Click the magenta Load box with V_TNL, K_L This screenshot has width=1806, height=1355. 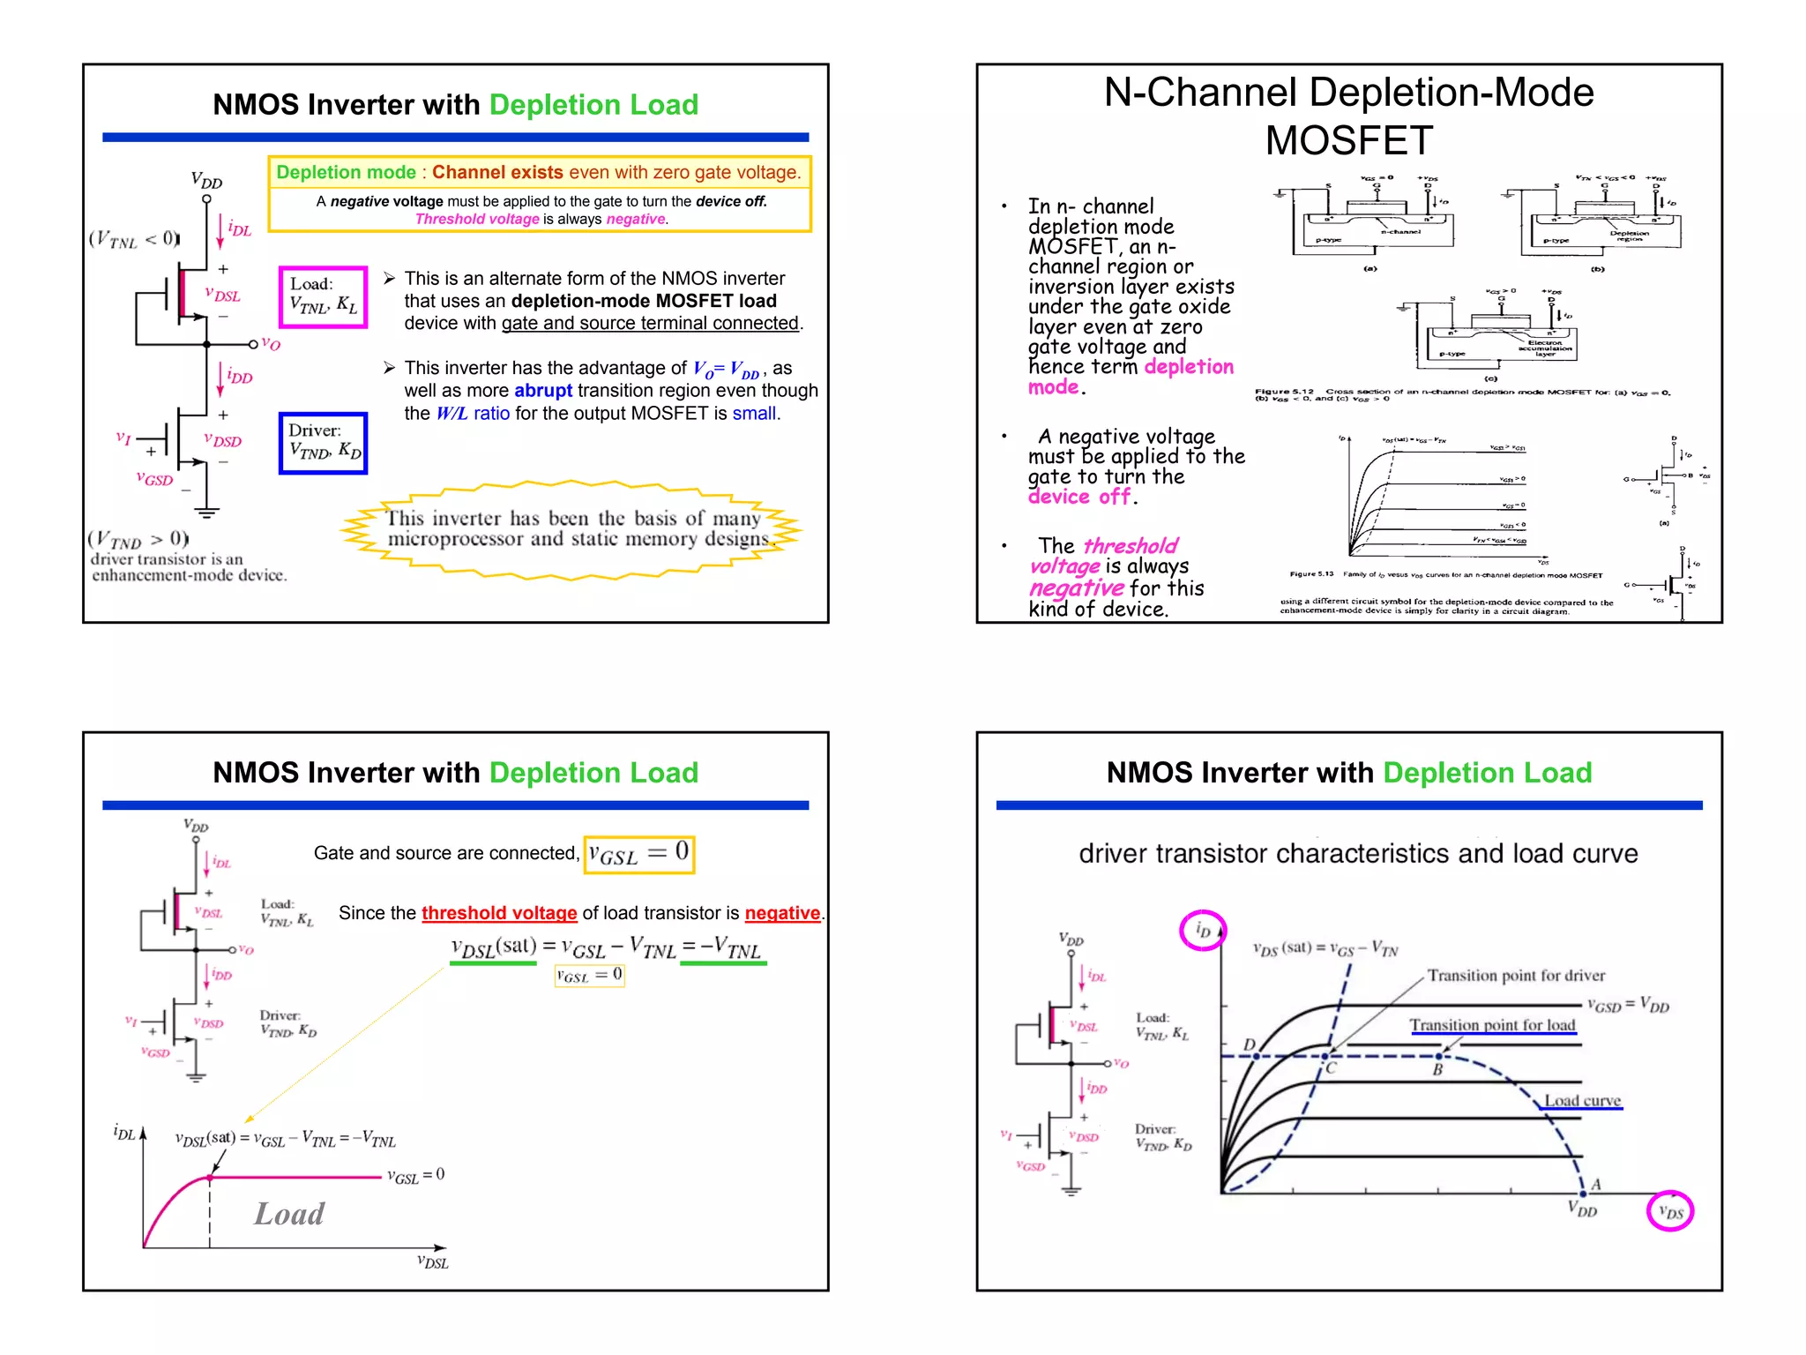tap(323, 296)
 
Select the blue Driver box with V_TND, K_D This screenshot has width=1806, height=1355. tap(323, 443)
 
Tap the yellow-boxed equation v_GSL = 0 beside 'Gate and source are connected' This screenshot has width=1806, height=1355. tap(639, 854)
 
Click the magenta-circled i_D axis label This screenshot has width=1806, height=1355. tap(1203, 930)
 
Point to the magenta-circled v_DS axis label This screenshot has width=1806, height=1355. tap(1670, 1211)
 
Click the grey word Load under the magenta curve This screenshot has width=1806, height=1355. tap(289, 1214)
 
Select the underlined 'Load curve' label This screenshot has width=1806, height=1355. tap(1582, 1101)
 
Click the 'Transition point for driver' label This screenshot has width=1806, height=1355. tap(1516, 975)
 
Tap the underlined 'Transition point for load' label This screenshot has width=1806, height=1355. tap(1492, 1025)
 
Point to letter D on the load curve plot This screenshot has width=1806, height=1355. tap(1249, 1044)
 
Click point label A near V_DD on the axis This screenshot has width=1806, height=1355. tap(1595, 1184)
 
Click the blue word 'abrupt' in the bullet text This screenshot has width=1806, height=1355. tap(543, 391)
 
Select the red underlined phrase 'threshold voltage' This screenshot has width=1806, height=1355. tap(499, 913)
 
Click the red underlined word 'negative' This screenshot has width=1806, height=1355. tap(782, 913)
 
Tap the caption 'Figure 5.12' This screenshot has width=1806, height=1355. tap(1284, 391)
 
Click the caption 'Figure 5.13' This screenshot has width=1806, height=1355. tap(1311, 574)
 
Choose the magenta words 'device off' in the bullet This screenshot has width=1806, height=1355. tap(1078, 498)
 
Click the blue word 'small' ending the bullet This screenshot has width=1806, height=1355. tap(754, 414)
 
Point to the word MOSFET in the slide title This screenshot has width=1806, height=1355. tap(1348, 140)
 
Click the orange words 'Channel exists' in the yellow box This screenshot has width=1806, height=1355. tap(497, 173)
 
